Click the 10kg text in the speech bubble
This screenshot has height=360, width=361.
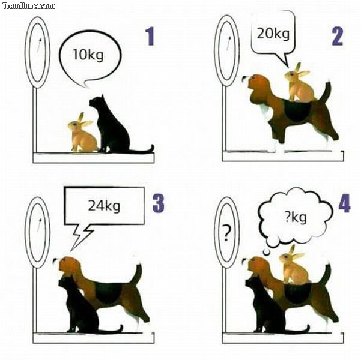(88, 55)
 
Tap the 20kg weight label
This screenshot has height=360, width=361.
(273, 34)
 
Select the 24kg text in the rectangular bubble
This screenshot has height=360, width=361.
(104, 206)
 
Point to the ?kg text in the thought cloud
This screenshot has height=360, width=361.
(296, 217)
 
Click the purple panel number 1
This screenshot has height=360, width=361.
(150, 37)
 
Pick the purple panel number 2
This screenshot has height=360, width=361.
(338, 37)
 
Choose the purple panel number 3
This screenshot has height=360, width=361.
(159, 203)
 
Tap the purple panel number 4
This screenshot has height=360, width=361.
(344, 203)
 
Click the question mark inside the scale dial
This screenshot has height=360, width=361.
(226, 233)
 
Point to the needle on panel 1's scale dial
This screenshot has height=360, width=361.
(40, 45)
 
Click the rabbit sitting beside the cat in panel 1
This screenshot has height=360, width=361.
(82, 133)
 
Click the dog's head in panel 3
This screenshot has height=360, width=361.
(68, 267)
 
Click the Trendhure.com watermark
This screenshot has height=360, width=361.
(29, 6)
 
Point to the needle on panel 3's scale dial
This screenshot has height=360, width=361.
(40, 226)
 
